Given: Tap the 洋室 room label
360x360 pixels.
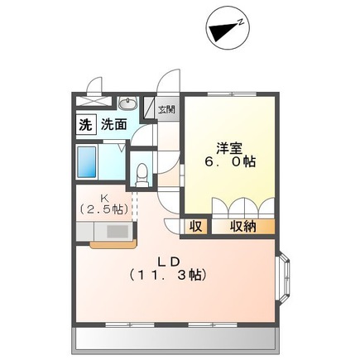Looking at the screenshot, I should pos(229,147).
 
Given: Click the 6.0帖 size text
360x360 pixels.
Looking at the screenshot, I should pos(230,162).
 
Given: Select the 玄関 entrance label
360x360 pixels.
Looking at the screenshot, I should pos(166,108).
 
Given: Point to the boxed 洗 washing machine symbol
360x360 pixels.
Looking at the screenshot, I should pos(84,126).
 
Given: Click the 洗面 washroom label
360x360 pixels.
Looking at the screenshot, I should pos(113,126).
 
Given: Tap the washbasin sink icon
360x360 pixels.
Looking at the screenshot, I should pos(127,103).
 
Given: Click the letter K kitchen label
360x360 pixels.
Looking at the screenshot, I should pos(105,197).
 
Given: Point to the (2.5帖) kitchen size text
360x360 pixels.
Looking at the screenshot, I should pos(104,210).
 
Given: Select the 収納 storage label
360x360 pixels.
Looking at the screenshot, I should pos(242,225).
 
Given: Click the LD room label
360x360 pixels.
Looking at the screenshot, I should pos(173,260).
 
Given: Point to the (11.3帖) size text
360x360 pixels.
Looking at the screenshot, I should pos(170,275).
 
